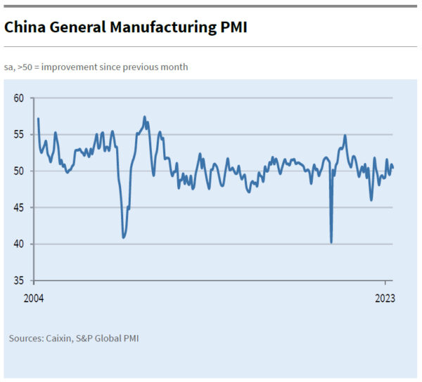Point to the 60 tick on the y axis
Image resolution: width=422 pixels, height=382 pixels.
(x=19, y=98)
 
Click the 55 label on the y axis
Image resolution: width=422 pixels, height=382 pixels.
(x=19, y=134)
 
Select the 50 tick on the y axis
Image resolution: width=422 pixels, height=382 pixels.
(x=19, y=171)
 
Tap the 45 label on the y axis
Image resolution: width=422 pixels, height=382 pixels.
(x=19, y=207)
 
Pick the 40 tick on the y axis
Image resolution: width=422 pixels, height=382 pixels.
(x=19, y=244)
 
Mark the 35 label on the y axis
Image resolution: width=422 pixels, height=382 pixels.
(x=19, y=280)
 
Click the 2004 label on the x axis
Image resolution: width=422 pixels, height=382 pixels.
(x=33, y=298)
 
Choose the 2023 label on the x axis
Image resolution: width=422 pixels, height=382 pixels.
(x=384, y=298)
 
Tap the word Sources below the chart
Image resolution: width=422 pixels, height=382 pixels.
(x=25, y=338)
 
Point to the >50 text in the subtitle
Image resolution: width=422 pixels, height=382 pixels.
(x=26, y=67)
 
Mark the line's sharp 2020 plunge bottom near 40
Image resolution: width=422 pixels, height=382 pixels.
(x=331, y=242)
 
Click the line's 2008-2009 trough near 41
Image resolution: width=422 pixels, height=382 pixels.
(x=124, y=237)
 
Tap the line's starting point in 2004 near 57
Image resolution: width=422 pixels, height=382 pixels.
(x=38, y=119)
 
